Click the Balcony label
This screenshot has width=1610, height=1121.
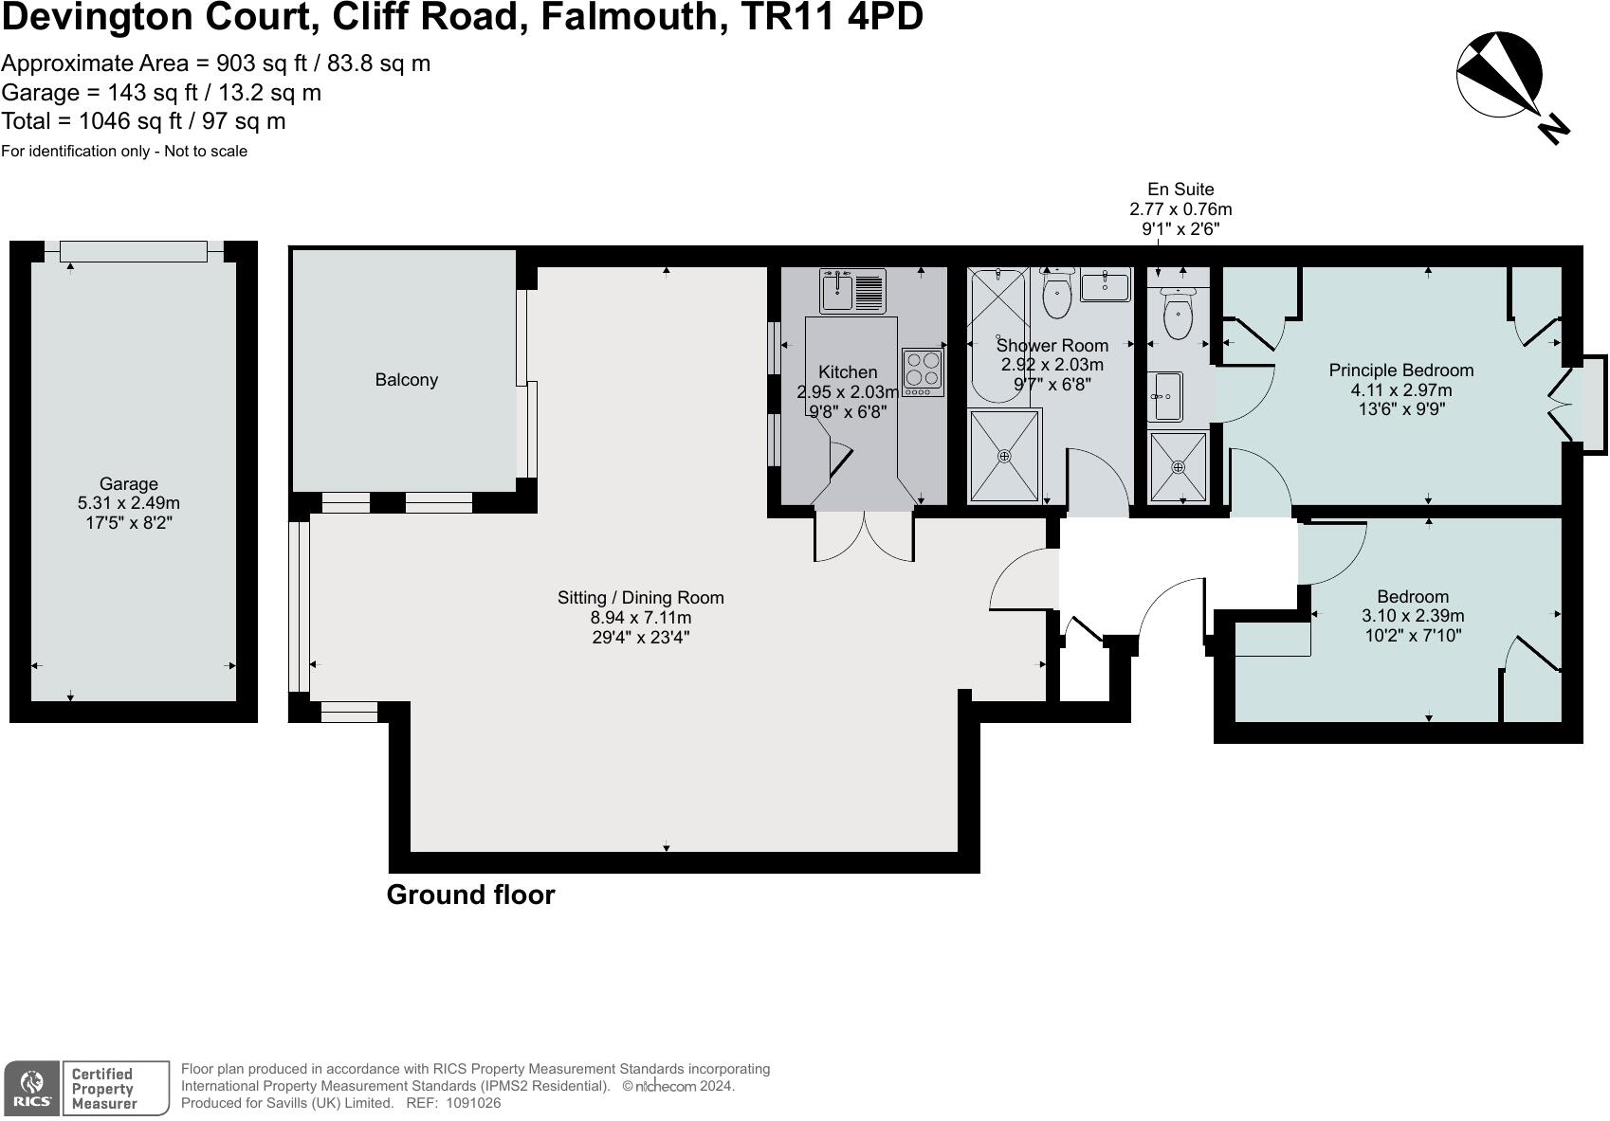406,380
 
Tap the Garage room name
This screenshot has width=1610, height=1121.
128,483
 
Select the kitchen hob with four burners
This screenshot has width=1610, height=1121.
923,372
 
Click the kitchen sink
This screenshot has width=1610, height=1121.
838,290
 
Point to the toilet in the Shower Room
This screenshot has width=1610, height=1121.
1056,295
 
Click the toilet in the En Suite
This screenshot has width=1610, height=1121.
1177,315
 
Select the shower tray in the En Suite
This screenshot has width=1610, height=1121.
1179,466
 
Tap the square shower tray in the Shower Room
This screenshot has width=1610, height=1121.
1004,456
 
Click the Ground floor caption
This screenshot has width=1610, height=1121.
470,895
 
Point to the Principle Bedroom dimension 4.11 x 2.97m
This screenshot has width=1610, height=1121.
1400,389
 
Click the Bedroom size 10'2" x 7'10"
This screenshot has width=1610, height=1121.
1413,636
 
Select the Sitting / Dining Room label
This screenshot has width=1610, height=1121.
640,598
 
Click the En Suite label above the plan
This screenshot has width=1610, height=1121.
1180,190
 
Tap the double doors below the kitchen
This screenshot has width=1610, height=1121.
864,536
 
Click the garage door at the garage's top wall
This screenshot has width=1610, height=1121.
133,251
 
